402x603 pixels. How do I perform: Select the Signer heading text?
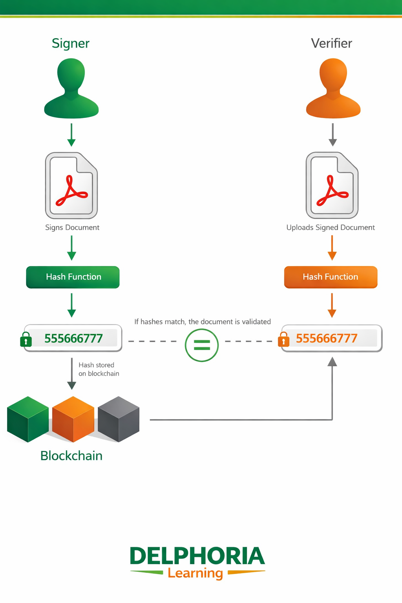click(x=71, y=43)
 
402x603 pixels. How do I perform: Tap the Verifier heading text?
click(x=331, y=43)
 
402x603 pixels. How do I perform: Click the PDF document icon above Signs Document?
click(x=71, y=185)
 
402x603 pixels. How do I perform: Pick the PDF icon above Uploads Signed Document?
click(x=332, y=185)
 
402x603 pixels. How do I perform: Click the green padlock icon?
click(x=26, y=340)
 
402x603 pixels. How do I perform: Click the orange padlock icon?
click(x=283, y=340)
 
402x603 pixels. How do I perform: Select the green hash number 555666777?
click(x=73, y=338)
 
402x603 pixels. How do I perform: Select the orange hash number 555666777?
click(x=327, y=338)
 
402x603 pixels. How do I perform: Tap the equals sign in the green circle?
click(x=202, y=345)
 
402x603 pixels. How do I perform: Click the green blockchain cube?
click(x=28, y=419)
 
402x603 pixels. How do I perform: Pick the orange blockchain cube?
click(x=73, y=419)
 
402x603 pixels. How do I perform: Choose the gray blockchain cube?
click(x=119, y=419)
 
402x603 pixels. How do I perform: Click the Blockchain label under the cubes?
click(x=71, y=456)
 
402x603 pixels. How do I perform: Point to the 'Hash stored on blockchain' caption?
click(x=99, y=369)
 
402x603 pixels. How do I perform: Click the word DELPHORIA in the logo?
click(x=197, y=556)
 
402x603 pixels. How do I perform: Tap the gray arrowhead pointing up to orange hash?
click(x=332, y=362)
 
